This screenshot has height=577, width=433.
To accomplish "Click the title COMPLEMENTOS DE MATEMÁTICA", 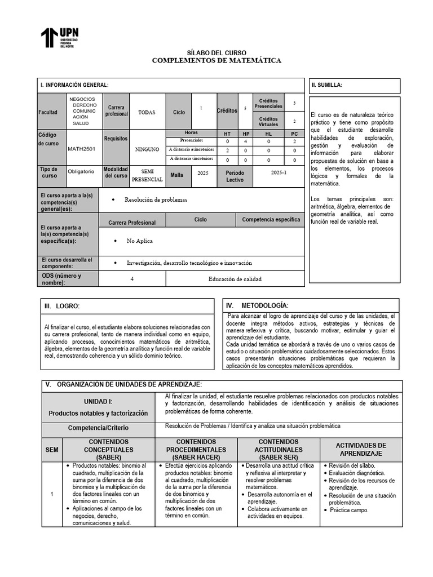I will coord(216,60).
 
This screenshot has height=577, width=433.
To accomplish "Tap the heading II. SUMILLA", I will coord(327,85).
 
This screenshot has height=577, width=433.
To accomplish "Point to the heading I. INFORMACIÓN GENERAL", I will coord(74,85).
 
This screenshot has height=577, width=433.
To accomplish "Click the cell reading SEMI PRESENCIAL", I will coord(147,175).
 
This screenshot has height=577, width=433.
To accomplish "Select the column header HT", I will coord(227,134).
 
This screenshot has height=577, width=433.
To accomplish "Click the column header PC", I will coord(294,134).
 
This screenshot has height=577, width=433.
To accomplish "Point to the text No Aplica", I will coord(140,241).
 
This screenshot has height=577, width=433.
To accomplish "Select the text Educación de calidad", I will coord(235,278).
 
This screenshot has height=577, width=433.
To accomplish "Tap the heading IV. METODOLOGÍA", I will coord(257,305).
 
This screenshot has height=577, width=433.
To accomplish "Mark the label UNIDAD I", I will coord(98,401).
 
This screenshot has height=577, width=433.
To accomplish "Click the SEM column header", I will coord(52,450).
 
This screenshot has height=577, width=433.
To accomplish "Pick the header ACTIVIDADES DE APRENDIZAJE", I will coord(361,449).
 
